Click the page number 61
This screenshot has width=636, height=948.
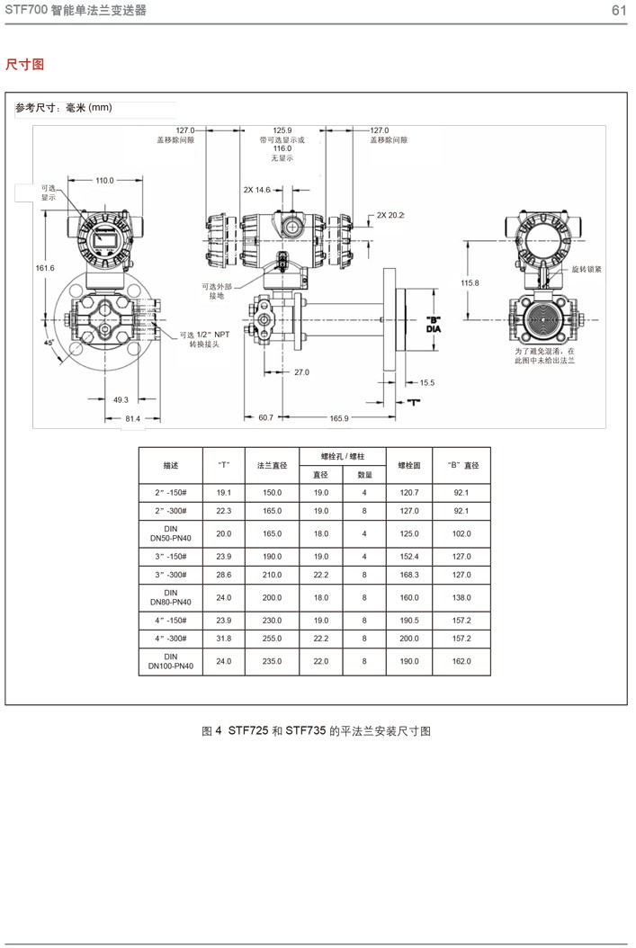(x=618, y=11)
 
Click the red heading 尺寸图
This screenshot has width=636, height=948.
(x=24, y=64)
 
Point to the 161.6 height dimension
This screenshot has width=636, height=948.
(x=45, y=268)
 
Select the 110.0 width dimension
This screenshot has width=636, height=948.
(x=105, y=181)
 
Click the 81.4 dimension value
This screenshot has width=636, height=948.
(x=132, y=418)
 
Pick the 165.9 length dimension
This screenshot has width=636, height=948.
(x=339, y=418)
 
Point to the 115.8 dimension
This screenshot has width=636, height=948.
(x=470, y=282)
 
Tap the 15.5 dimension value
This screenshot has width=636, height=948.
(x=426, y=383)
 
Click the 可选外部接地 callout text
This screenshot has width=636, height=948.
(x=216, y=291)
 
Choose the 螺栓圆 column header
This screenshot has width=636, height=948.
(x=409, y=466)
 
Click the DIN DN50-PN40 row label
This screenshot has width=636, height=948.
(x=171, y=533)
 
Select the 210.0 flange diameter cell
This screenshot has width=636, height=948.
(x=272, y=574)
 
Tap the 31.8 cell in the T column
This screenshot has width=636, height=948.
(x=224, y=637)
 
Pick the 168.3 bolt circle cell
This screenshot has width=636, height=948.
(x=409, y=574)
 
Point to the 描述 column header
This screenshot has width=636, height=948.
(x=171, y=466)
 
